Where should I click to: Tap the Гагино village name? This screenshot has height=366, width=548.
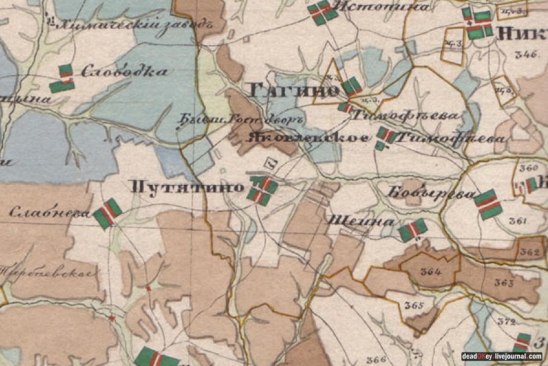click(294, 91)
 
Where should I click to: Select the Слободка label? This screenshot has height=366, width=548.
click(124, 71)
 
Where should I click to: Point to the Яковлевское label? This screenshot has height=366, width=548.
click(307, 137)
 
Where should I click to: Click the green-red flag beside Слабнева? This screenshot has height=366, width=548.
click(108, 213)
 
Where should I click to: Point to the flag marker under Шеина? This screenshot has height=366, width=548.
click(412, 230)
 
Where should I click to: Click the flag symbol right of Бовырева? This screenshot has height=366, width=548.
click(489, 204)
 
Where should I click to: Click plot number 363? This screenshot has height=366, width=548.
click(504, 282)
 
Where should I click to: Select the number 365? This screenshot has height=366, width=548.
click(413, 305)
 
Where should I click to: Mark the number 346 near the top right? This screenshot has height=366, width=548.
click(525, 54)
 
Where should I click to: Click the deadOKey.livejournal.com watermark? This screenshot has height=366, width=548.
click(501, 356)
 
